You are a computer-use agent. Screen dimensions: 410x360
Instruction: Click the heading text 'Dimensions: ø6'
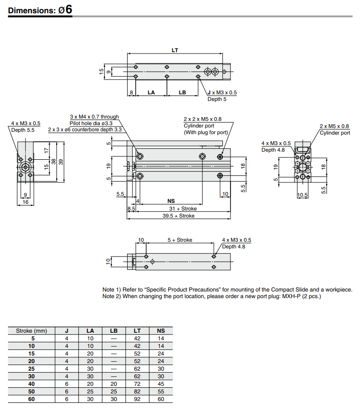tap(40, 10)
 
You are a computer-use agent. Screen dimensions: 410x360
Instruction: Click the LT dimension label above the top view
tap(175, 50)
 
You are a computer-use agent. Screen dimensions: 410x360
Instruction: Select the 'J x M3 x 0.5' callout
tap(222, 93)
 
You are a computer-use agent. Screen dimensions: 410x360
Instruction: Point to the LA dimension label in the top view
tap(151, 93)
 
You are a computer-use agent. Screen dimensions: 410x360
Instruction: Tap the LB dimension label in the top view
tap(182, 93)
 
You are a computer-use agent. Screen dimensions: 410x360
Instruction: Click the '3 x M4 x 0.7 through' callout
tap(94, 117)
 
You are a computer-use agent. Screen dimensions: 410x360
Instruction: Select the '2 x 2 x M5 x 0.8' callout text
tap(203, 119)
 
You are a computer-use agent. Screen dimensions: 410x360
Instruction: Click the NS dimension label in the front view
tap(171, 201)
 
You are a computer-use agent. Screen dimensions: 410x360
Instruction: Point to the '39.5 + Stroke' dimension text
tap(178, 216)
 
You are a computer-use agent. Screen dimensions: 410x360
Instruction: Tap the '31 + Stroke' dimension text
tap(183, 209)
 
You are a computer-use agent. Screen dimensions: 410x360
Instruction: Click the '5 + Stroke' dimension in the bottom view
tap(180, 240)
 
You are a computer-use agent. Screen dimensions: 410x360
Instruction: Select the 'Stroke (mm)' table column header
tap(32, 331)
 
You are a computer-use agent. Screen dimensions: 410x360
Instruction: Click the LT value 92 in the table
tap(137, 399)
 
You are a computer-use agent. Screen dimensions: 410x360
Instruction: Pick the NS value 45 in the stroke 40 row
tap(161, 384)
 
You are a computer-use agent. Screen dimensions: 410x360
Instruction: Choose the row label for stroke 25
tap(32, 369)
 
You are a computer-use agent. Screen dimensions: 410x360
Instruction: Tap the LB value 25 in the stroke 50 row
tap(113, 392)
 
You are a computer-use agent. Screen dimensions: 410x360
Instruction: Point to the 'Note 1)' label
tap(112, 290)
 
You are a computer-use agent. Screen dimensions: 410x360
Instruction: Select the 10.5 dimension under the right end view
tap(302, 195)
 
